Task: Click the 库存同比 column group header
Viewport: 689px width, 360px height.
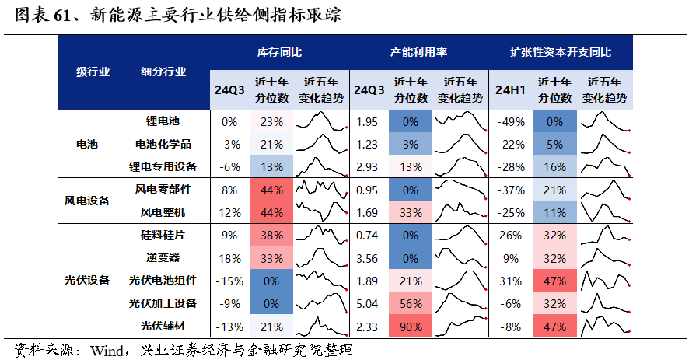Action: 279,52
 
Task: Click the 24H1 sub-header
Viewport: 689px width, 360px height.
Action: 510,89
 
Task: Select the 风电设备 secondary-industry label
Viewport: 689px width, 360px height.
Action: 86,201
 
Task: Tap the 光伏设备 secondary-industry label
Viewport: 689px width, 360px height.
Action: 86,280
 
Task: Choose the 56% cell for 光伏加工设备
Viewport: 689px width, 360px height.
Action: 411,302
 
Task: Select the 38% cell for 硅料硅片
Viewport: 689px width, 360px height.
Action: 271,235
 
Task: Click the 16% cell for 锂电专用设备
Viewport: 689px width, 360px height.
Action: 554,166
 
